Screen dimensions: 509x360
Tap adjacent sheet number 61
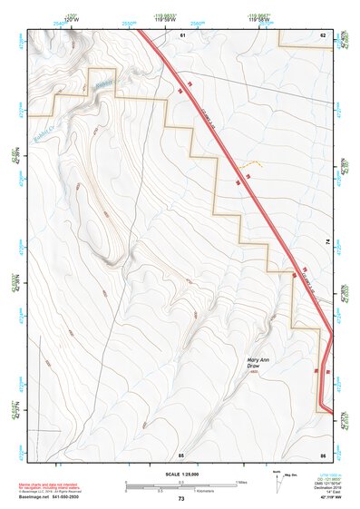pyautogui.click(x=181, y=34)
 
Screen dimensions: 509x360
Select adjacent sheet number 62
pyautogui.click(x=322, y=34)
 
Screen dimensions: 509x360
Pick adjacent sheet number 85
pyautogui.click(x=181, y=453)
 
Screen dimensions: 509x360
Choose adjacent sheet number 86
pyautogui.click(x=322, y=453)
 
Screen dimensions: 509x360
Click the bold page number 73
pyautogui.click(x=181, y=499)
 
